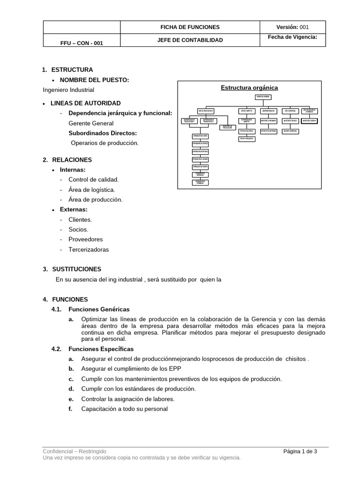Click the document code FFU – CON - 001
(82, 43)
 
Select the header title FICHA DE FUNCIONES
(190, 27)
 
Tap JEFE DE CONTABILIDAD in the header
(190, 40)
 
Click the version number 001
(304, 27)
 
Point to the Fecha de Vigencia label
(292, 37)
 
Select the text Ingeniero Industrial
(68, 90)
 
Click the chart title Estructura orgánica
(249, 88)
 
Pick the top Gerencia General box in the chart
(263, 97)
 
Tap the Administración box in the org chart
(269, 111)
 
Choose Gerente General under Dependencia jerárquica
(91, 123)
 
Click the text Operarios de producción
(105, 143)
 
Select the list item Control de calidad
(93, 180)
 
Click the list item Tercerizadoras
(88, 250)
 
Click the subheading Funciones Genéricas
(99, 309)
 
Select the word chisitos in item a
(293, 359)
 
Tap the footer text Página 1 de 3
(300, 451)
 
